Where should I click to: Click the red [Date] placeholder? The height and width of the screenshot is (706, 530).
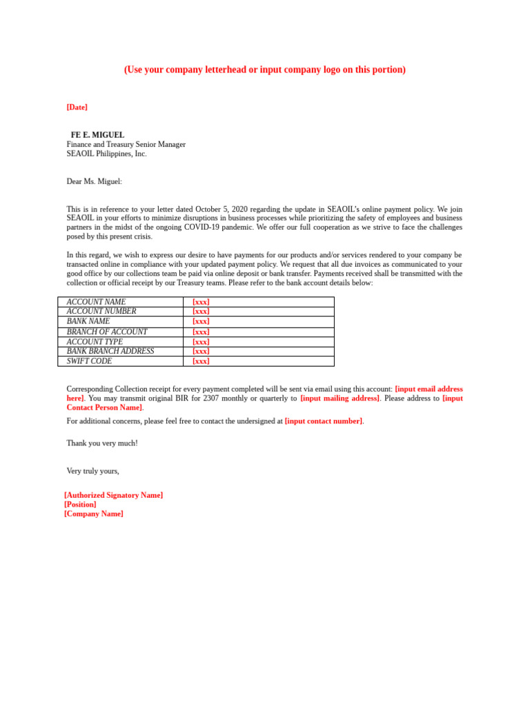coord(77,108)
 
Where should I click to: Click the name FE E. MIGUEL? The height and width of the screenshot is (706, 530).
coord(97,135)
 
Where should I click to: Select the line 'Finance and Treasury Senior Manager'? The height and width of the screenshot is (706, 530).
coord(126,145)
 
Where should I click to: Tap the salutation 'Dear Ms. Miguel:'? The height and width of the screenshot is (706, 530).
coord(94,181)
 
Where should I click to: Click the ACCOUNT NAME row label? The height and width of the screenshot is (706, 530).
coord(96,302)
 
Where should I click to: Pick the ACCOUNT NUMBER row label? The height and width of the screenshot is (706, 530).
coord(101,312)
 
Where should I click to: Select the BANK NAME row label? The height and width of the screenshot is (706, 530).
coord(88,321)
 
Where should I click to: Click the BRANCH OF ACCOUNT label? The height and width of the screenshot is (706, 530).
coord(107,332)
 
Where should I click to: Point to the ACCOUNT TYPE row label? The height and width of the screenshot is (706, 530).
coord(95,341)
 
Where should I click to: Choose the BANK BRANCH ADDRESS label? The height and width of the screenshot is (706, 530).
coord(110,351)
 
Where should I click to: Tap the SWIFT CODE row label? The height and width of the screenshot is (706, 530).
coord(89,361)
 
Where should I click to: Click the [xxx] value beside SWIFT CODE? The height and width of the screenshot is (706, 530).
coord(201,361)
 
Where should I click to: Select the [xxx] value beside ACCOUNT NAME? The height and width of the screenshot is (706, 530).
coord(201,302)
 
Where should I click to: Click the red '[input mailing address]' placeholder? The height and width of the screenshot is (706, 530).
coord(340,399)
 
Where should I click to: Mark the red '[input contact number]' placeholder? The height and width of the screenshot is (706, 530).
coord(324,421)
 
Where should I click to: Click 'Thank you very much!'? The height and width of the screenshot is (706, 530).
coord(102,443)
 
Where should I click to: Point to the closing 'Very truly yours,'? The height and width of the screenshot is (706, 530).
coord(92,471)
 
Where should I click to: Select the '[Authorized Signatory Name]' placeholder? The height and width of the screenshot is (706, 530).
coord(114,495)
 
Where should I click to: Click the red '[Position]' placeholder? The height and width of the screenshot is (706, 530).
coord(80,505)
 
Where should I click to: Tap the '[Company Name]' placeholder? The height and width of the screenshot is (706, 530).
coord(94,514)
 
